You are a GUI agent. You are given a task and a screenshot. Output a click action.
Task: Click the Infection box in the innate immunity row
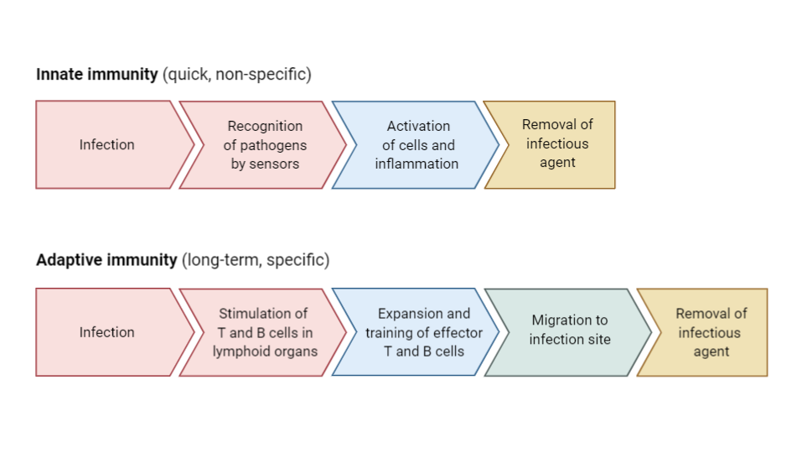[x=106, y=145]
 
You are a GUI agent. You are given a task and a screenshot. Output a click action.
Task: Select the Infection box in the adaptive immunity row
[x=106, y=332]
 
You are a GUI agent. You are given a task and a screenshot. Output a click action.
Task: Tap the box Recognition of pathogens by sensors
[x=265, y=145]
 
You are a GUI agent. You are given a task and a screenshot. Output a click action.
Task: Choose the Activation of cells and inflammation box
[x=417, y=145]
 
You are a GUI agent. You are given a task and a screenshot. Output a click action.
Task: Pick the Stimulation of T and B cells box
[x=264, y=332]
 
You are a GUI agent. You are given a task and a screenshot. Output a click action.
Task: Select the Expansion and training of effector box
[x=423, y=332]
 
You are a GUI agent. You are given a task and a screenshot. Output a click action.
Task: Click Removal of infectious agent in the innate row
[x=556, y=143]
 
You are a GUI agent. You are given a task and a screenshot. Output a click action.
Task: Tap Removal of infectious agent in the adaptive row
[x=710, y=332]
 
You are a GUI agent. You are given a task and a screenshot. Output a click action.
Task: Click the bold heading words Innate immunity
[x=96, y=75]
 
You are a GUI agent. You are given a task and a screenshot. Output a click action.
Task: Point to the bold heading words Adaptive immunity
[x=106, y=260]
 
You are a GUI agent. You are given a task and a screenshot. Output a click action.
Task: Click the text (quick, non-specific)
[x=237, y=75]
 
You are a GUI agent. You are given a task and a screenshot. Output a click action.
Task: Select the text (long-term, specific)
[x=256, y=260]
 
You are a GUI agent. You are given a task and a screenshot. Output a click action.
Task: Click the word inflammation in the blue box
[x=417, y=164]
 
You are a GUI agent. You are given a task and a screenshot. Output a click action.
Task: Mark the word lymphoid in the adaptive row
[x=241, y=351]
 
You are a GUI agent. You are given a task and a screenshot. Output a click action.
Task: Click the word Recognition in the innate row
[x=265, y=126]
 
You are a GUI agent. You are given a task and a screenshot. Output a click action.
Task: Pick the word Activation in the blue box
[x=418, y=126]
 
